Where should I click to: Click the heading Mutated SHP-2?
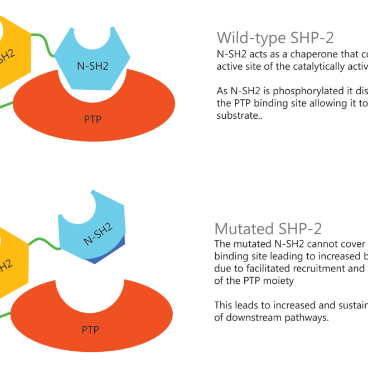268,229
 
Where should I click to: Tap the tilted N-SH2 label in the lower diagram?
98,233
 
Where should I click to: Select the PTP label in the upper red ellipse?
93,118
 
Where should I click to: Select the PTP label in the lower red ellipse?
90,330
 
